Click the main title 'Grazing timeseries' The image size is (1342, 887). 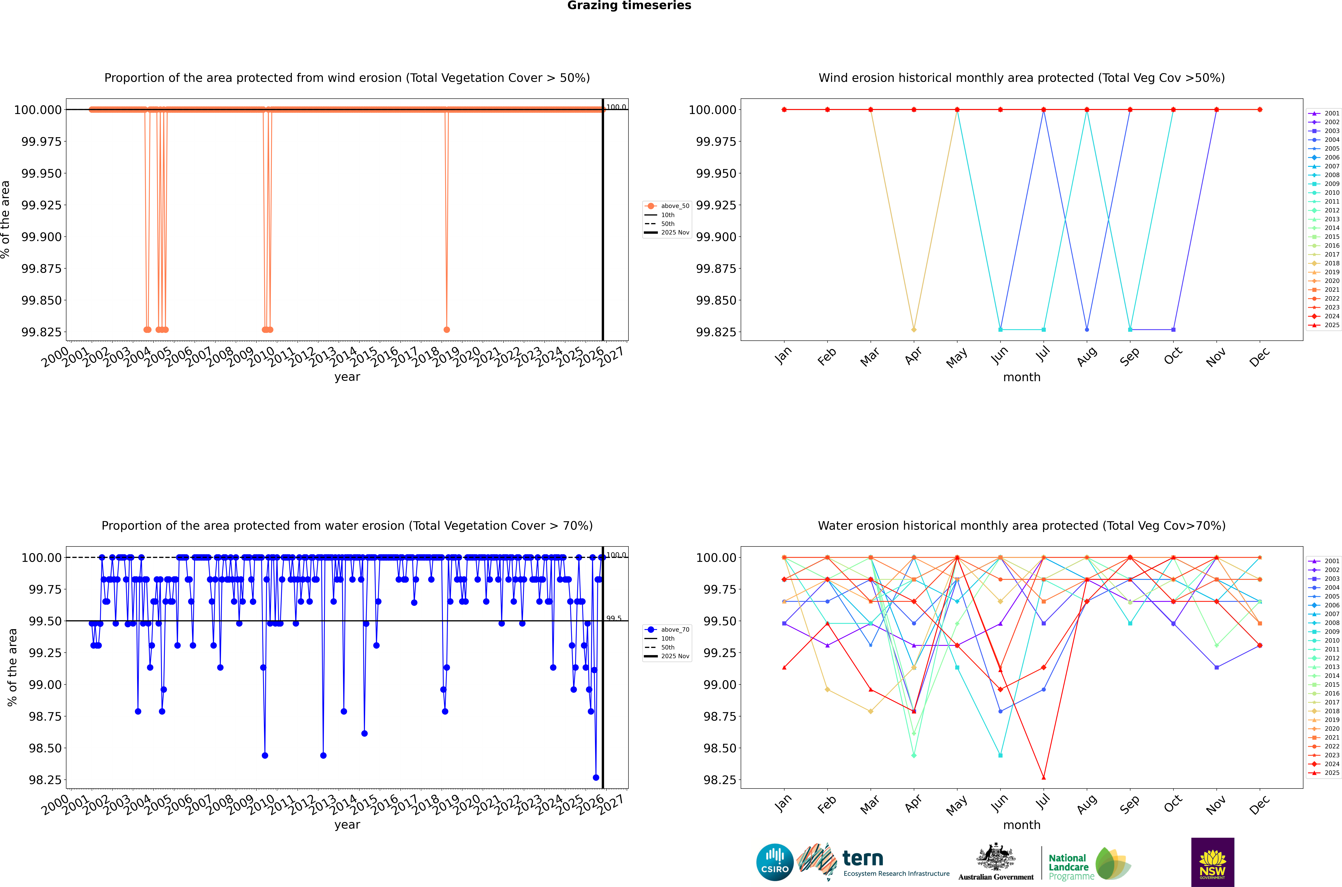[x=629, y=6]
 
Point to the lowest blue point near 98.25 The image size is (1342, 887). [x=596, y=777]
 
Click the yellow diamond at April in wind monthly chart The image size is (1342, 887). [x=914, y=329]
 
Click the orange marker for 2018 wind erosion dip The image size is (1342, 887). [x=447, y=329]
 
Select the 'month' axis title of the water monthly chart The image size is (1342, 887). [x=1021, y=825]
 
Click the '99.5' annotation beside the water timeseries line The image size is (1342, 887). [x=614, y=618]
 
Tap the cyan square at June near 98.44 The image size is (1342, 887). [x=1000, y=755]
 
